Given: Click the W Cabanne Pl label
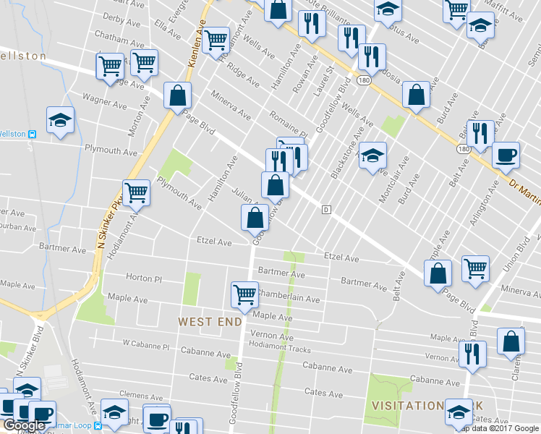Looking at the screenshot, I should (145, 346).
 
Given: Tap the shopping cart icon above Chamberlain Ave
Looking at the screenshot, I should (245, 294).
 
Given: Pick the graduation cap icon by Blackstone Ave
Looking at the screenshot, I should (372, 155).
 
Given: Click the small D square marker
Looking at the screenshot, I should (326, 210).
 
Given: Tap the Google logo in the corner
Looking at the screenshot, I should (24, 425).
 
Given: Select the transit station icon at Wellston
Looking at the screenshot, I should (32, 134).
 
